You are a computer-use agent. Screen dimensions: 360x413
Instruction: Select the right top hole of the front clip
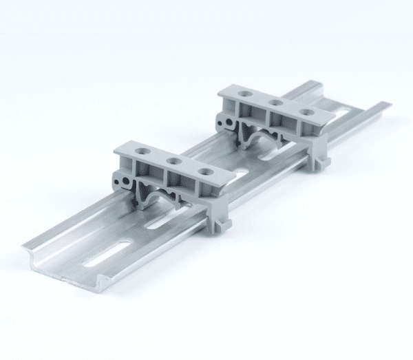(205, 171)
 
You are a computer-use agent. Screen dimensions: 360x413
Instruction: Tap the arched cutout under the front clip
(156, 195)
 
